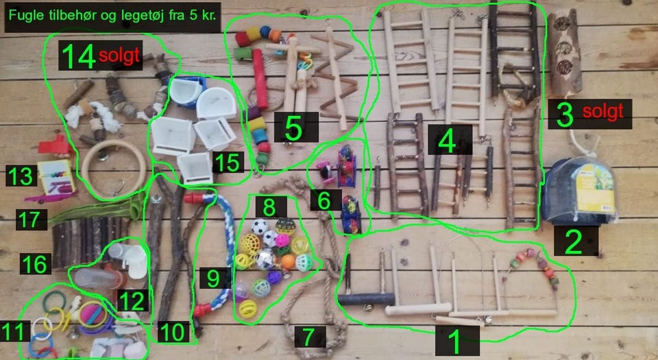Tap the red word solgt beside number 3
click(x=602, y=112)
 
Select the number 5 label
click(x=294, y=128)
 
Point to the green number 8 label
click(x=269, y=206)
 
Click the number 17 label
click(x=29, y=219)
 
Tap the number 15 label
click(x=228, y=162)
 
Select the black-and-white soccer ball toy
click(x=259, y=227)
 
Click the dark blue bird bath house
click(x=579, y=192)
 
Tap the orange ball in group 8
click(x=288, y=261)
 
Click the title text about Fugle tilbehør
click(x=112, y=16)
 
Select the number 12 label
click(x=132, y=300)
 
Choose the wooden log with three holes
click(x=565, y=51)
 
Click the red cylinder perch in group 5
click(x=260, y=79)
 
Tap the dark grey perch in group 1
click(x=366, y=299)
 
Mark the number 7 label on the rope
click(x=309, y=337)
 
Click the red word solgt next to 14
click(x=119, y=56)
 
